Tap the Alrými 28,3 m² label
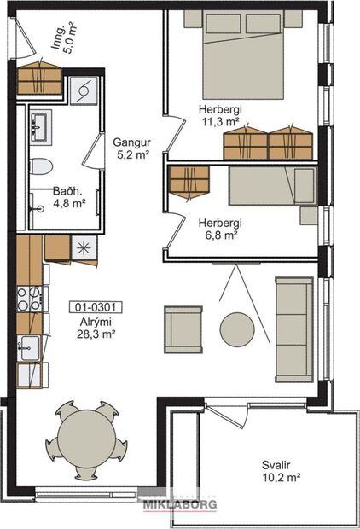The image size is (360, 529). tap(95, 327)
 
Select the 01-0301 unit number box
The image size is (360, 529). tap(95, 305)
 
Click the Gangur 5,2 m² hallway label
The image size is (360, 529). tap(132, 148)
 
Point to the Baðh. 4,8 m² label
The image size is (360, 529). tap(67, 198)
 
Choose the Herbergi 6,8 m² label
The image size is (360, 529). tap(220, 229)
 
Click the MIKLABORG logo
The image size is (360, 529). tap(179, 503)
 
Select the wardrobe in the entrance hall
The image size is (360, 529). tap(40, 78)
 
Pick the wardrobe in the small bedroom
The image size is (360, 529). tap(189, 181)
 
